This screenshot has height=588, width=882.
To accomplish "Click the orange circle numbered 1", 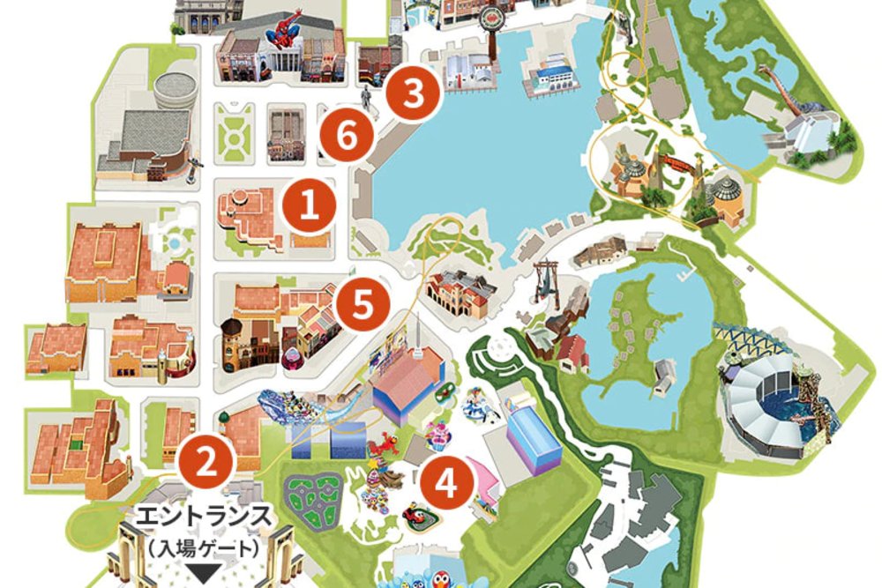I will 309,205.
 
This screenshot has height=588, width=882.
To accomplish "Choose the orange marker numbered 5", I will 363,305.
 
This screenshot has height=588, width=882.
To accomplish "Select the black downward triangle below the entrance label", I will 206,573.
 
